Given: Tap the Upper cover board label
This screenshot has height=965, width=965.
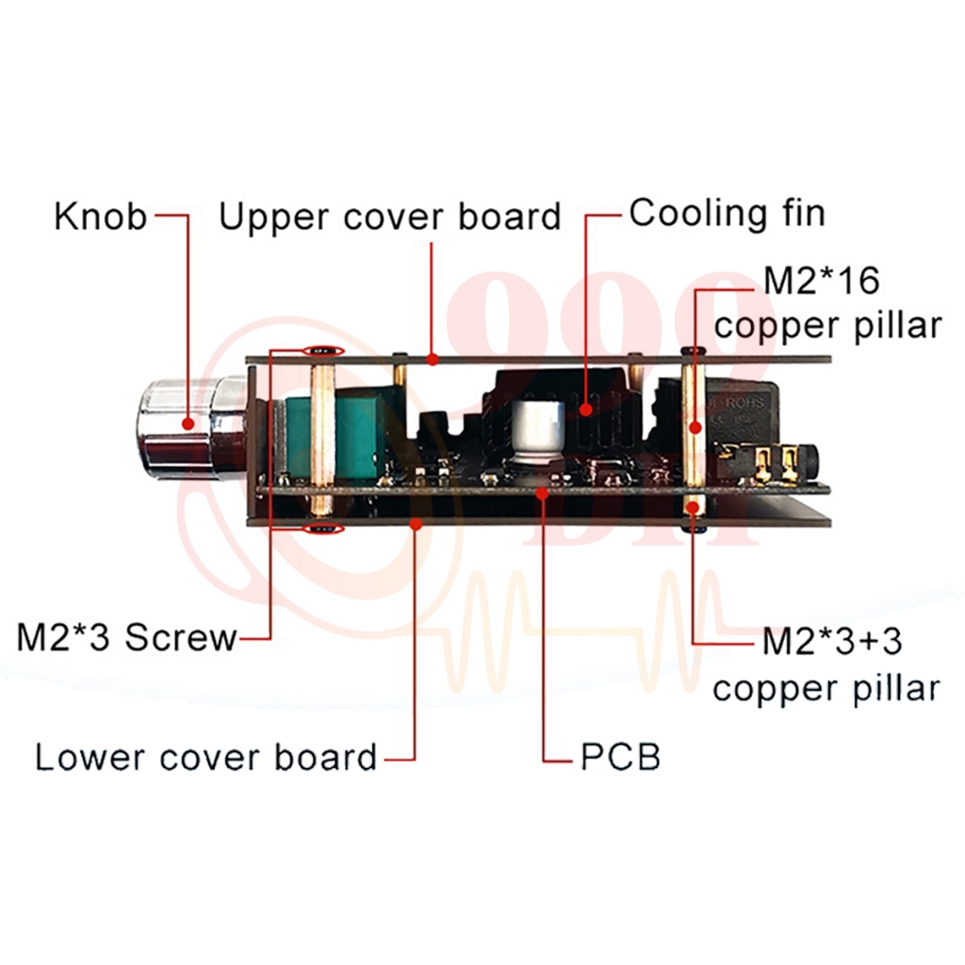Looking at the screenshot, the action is pos(390,217).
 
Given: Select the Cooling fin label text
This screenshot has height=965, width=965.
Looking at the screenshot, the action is pos(727,214).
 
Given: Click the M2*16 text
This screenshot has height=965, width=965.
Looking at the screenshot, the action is pos(822,281).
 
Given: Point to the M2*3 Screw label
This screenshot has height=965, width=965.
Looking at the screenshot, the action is pos(127,638).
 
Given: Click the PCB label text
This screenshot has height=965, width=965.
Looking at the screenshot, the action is pos(620,757).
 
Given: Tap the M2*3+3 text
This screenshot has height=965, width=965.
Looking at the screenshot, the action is pos(832,641).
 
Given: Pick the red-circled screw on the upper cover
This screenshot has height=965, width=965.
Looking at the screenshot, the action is pos(323,351).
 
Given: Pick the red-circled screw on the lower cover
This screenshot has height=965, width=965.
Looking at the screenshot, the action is pos(323,529).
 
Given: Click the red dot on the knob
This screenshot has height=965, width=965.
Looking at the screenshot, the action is pos(188,423).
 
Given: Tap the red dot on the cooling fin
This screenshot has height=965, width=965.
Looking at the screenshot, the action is pos(586,408).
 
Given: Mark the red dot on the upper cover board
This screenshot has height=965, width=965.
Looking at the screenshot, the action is pos(433,358).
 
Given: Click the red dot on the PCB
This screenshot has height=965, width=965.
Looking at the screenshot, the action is pos(542,492).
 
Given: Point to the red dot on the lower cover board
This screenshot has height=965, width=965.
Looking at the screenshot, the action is pos(417,524).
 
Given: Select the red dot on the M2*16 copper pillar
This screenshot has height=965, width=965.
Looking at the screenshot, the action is pos(695,427).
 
